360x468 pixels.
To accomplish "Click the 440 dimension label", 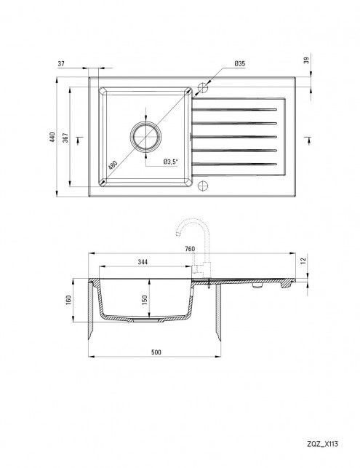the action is point(52,137).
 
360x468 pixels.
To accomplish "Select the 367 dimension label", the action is point(65,138).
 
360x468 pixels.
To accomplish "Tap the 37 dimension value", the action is point(61,63).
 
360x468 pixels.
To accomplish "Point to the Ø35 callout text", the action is point(239,63).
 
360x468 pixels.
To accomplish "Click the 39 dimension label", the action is point(306,60).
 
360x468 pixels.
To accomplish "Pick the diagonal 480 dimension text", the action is point(113,165).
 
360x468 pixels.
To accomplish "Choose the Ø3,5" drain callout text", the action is point(170,162).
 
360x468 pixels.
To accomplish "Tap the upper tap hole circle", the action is point(203,87).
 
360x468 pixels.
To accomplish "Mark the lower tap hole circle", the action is point(203,186).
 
